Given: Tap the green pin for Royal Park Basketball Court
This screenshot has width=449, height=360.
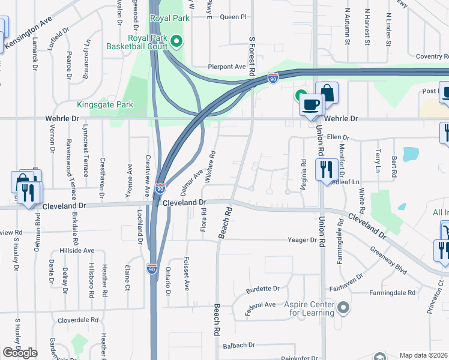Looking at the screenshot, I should coord(176,41).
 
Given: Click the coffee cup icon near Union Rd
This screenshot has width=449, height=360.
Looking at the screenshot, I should coord(310,104).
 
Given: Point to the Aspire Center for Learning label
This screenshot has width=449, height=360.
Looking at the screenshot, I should coord(309,308).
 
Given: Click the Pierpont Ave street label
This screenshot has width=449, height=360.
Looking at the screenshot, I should coord(227,67).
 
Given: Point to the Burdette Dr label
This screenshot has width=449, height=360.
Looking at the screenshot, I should coord(263,289).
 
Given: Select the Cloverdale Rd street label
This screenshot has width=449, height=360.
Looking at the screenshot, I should coord(77,320).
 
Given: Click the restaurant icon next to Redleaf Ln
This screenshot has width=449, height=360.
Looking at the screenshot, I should coord(326,169).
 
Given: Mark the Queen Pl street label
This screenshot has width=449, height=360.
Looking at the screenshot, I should coord(233,17).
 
